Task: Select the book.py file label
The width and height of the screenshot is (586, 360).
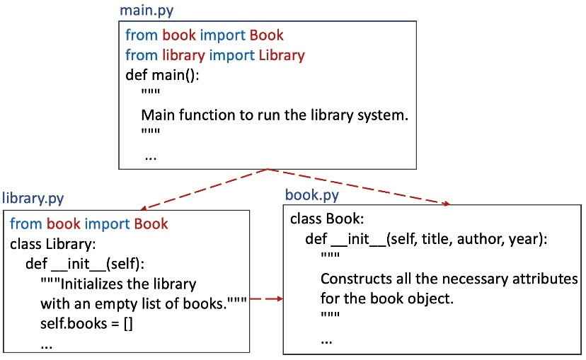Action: point(311,194)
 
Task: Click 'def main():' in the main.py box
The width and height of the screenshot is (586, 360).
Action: point(163,74)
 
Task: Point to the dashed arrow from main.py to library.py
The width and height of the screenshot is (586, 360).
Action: point(205,189)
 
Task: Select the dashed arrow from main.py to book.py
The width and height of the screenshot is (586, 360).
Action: point(357,187)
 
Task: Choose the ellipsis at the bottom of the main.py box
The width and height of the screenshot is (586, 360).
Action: point(151,156)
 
